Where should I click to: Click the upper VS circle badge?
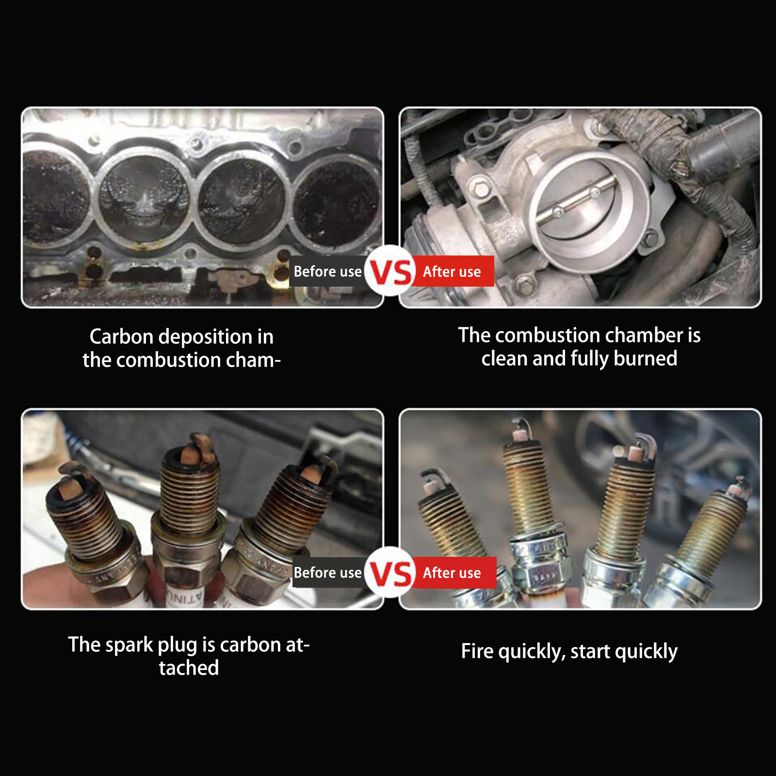click(390, 271)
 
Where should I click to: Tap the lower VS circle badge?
click(390, 572)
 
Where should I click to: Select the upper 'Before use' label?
click(327, 271)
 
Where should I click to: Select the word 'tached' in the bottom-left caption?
click(189, 668)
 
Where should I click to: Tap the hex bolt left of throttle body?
click(480, 189)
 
